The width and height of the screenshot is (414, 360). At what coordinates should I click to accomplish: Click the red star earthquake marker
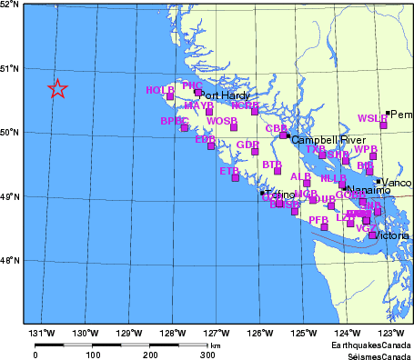point(57,88)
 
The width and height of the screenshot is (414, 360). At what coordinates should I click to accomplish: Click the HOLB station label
point(159,90)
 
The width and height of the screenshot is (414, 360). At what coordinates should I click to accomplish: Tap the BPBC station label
point(174,121)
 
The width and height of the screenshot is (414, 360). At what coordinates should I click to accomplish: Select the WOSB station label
point(222,121)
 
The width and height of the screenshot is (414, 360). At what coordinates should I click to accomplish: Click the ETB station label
point(229,170)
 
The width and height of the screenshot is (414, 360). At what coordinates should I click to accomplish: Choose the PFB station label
point(318,220)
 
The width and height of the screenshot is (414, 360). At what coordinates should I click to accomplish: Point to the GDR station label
point(247,145)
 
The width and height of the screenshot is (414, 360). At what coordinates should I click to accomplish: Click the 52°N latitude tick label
point(10,5)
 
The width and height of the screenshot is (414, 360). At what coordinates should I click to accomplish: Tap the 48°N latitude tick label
point(10,261)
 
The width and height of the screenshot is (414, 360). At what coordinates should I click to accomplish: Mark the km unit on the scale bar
point(215,345)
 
